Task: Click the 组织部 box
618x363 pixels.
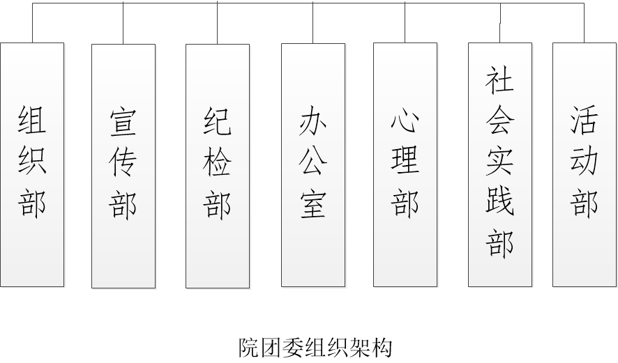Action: tap(32, 164)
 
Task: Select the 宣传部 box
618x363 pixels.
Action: tap(123, 166)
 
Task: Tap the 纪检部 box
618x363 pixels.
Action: tap(217, 166)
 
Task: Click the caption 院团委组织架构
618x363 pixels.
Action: tap(315, 346)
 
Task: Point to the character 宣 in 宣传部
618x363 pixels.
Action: tap(123, 122)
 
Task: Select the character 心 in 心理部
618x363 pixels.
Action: tap(405, 122)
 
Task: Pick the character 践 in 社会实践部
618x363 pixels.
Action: tap(500, 203)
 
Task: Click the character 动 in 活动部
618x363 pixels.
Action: tap(585, 162)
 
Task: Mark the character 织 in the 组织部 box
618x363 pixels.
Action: tap(32, 162)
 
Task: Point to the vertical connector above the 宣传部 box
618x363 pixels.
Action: tap(123, 23)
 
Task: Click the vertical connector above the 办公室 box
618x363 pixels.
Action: tap(312, 23)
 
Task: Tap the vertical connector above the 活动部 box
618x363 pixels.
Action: tap(584, 23)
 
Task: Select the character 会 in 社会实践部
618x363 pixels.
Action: tap(500, 122)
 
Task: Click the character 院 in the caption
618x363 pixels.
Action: tap(249, 346)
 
